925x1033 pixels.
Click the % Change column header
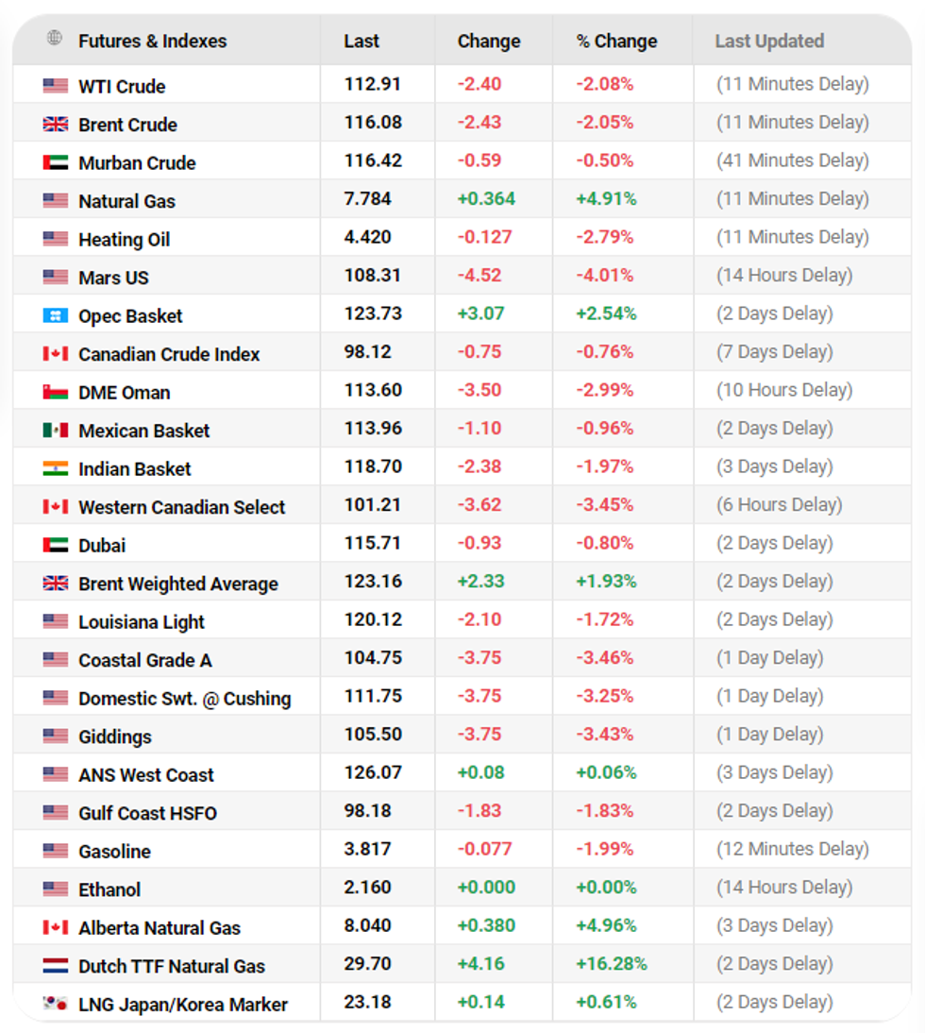(616, 42)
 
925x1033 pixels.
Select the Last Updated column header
(769, 42)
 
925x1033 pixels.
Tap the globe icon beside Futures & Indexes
(55, 39)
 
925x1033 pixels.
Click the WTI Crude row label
(122, 87)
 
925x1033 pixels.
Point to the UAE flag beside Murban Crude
(56, 162)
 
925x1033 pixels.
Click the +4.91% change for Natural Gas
(606, 199)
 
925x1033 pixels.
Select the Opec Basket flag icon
(56, 315)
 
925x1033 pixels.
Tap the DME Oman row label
(125, 393)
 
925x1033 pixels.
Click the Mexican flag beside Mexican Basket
(56, 431)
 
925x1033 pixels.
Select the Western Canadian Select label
(181, 507)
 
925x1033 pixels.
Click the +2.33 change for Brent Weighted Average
(480, 582)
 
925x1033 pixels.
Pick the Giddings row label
(115, 737)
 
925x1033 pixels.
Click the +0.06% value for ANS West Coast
(606, 773)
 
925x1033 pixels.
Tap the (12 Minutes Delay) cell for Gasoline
(792, 850)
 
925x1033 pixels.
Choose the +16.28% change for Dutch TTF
(612, 964)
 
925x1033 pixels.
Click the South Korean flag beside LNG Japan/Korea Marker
(56, 1004)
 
